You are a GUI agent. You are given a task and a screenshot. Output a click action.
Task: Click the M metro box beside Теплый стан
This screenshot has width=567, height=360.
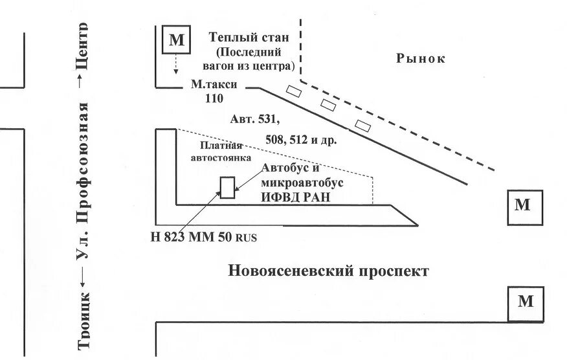176,40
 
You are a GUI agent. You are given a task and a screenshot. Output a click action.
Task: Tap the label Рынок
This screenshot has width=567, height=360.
421,59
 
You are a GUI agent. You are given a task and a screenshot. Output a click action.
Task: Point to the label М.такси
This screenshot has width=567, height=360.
214,85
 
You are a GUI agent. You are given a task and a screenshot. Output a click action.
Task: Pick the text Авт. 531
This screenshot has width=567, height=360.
254,119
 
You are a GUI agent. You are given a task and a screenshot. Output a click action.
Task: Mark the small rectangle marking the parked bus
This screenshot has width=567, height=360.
227,186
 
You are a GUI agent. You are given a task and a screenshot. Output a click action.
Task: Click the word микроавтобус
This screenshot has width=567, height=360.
302,183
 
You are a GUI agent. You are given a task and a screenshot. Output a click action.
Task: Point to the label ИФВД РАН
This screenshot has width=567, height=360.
296,197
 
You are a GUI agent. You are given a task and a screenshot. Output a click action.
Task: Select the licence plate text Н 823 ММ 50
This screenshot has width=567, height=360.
191,236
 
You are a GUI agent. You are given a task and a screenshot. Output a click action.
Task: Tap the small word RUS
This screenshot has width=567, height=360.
247,238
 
